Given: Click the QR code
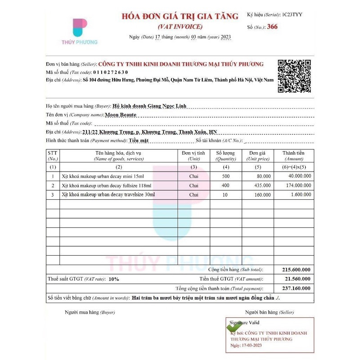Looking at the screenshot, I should coord(294,76).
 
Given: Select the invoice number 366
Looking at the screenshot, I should coord(272,27).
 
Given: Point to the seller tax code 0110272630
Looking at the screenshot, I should coord(111,72).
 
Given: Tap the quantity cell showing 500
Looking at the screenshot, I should coord(225,176).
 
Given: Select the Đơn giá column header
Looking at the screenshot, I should coord(257,156).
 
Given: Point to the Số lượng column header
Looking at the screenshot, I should coord(225,156).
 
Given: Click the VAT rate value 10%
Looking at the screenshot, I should coord(113,279).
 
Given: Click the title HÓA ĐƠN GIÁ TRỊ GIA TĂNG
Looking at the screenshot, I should coord(180,17).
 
